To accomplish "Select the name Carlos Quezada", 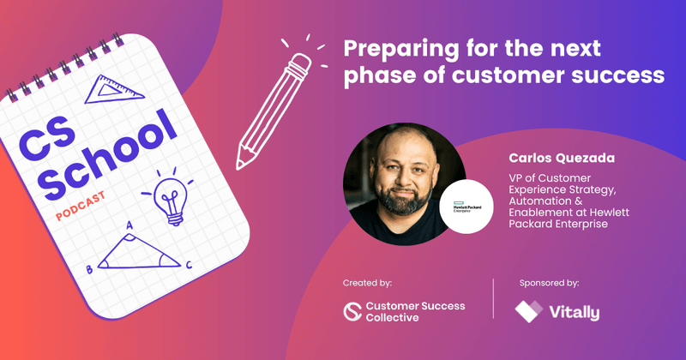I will [x=555, y=158].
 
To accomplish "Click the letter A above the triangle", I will [x=129, y=226].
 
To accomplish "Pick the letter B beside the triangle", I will [x=89, y=270].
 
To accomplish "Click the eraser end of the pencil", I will [x=301, y=63].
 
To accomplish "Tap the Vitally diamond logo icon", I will [x=527, y=312].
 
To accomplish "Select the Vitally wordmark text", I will [x=575, y=312].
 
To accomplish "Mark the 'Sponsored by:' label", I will [x=549, y=282].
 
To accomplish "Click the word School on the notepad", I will [x=111, y=155].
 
